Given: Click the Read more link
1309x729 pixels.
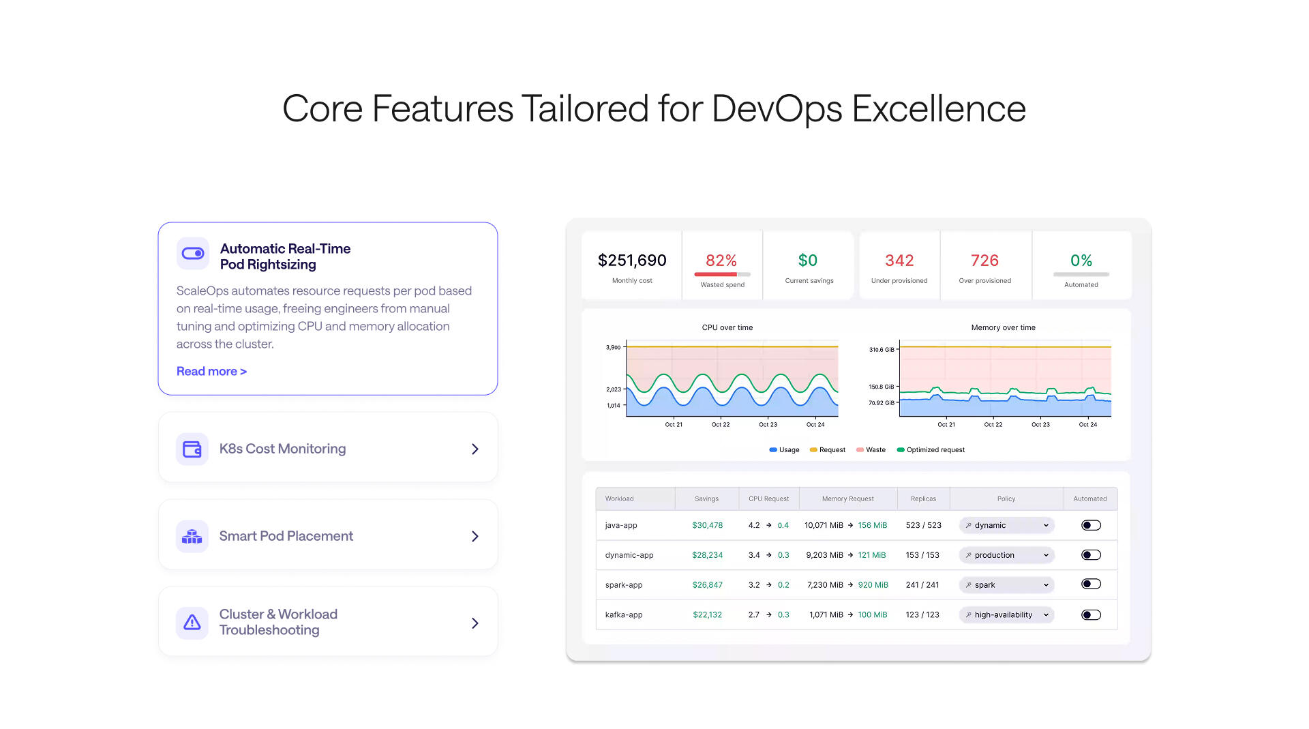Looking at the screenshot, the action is (x=211, y=371).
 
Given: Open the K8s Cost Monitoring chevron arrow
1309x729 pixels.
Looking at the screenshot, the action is (x=475, y=449).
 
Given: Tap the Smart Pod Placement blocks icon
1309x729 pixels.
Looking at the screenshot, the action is (x=192, y=536).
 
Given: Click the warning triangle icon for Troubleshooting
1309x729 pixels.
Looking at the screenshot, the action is (x=192, y=623).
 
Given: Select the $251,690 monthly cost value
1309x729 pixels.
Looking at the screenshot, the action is (x=632, y=261).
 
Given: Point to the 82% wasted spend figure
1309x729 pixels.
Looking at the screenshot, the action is (x=721, y=261).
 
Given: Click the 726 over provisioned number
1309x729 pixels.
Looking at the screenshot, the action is (x=984, y=261).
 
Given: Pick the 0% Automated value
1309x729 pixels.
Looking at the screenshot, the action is (x=1081, y=261).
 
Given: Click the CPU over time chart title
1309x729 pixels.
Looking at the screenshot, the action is (x=727, y=327).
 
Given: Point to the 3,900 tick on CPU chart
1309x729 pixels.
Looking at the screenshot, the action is (x=614, y=347).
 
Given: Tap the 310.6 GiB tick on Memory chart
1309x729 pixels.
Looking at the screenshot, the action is (x=882, y=350).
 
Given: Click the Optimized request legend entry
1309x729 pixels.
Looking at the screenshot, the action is (x=931, y=450).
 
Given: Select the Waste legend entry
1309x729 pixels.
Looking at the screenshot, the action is (x=871, y=450).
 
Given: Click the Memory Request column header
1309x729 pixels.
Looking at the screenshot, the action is (x=847, y=499).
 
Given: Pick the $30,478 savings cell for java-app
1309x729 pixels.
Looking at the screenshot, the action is (x=707, y=525).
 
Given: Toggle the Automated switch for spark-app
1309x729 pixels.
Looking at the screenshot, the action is (x=1091, y=584).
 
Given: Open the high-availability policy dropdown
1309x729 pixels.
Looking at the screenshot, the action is (x=1006, y=614).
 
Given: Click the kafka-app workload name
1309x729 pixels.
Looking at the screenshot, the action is (x=624, y=614).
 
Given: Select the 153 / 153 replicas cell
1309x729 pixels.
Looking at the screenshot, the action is (x=922, y=555).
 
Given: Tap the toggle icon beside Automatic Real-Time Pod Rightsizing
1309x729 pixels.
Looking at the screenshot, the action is (x=193, y=254).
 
